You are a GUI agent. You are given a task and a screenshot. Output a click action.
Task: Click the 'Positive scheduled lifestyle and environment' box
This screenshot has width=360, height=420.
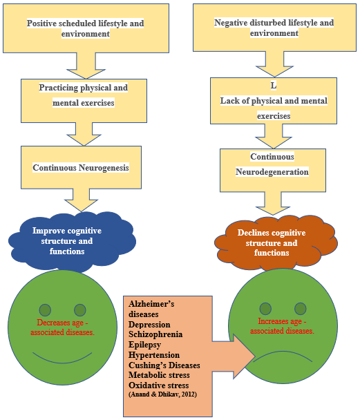[85, 28]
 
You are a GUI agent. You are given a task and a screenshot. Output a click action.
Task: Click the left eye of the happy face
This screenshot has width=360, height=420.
[46, 309]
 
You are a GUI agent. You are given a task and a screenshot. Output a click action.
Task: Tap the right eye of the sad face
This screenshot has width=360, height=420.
[300, 308]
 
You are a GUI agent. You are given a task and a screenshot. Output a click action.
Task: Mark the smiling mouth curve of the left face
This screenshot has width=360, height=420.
[61, 359]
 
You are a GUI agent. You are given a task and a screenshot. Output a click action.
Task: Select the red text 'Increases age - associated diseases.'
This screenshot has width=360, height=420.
[286, 325]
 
